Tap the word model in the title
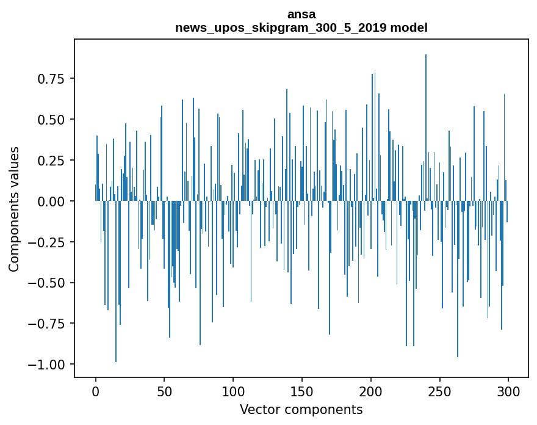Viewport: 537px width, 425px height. coord(410,28)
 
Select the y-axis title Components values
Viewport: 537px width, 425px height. coord(14,209)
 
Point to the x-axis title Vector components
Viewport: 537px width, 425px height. coord(301,409)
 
